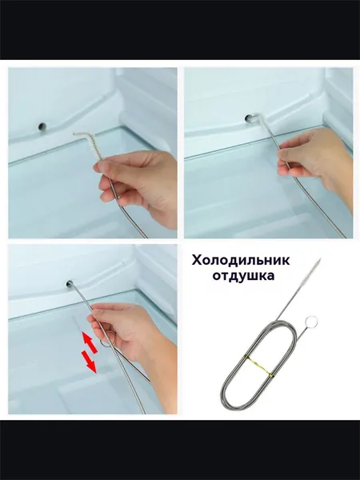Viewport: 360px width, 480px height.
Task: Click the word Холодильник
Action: point(241,261)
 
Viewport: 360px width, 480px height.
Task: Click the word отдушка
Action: point(244,276)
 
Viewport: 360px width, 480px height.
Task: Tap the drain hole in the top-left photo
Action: point(42,126)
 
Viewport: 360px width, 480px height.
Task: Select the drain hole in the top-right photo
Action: point(249,118)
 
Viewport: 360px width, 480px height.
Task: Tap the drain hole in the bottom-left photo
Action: point(70,284)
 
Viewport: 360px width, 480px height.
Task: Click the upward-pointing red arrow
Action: point(90,342)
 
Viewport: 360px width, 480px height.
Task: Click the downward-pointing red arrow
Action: point(89,362)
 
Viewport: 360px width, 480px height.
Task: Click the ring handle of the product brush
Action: point(312,322)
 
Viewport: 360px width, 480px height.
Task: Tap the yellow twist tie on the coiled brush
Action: point(258,365)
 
